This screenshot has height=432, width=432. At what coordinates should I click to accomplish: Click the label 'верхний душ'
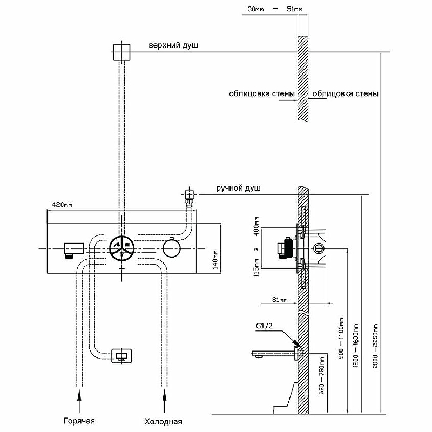pos(173,46)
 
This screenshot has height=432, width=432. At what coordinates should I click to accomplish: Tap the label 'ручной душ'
pos(238,188)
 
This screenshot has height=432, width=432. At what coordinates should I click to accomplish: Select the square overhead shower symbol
pos(123,53)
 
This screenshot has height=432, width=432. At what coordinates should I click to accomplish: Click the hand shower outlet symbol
pos(189,195)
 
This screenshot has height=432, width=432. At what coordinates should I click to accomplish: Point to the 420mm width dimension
pos(62,205)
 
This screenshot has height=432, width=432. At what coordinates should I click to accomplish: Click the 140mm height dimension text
pos(215,259)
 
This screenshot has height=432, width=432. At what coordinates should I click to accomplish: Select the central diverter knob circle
pos(123,248)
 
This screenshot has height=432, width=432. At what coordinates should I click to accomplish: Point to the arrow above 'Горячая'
pos(79,402)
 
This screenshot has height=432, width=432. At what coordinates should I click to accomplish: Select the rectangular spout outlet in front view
pos(123,356)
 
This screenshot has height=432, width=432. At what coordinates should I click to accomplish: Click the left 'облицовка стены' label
pos(261,93)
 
